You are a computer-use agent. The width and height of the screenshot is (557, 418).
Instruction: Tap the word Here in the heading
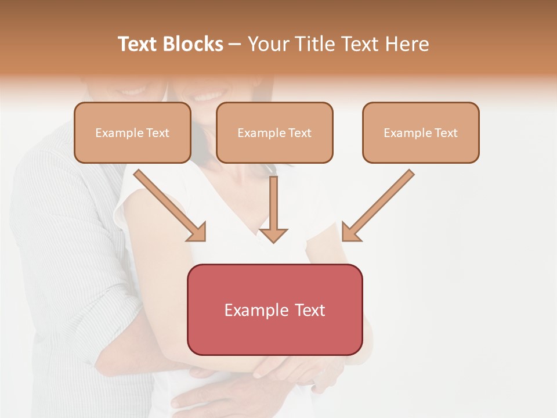407,44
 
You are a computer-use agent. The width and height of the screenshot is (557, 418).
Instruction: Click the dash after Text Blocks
235,45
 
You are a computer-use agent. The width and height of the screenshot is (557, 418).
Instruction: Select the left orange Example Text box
132,133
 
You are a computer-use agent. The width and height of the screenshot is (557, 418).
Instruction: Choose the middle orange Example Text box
274,133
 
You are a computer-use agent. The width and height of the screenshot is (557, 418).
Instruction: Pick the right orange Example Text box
421,133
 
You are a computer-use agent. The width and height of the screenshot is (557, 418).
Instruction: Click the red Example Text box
274,309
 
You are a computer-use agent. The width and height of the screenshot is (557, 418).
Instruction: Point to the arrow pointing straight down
273,209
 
